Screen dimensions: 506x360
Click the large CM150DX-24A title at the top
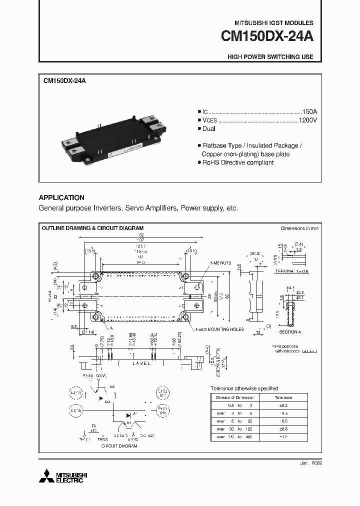(x=267, y=37)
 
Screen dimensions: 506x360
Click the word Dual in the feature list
(x=208, y=129)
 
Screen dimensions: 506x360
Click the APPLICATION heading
(x=61, y=197)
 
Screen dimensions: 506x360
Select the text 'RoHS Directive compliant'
(x=237, y=162)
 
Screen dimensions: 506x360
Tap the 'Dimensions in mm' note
(x=299, y=228)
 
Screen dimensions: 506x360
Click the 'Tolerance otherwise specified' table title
(x=243, y=388)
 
